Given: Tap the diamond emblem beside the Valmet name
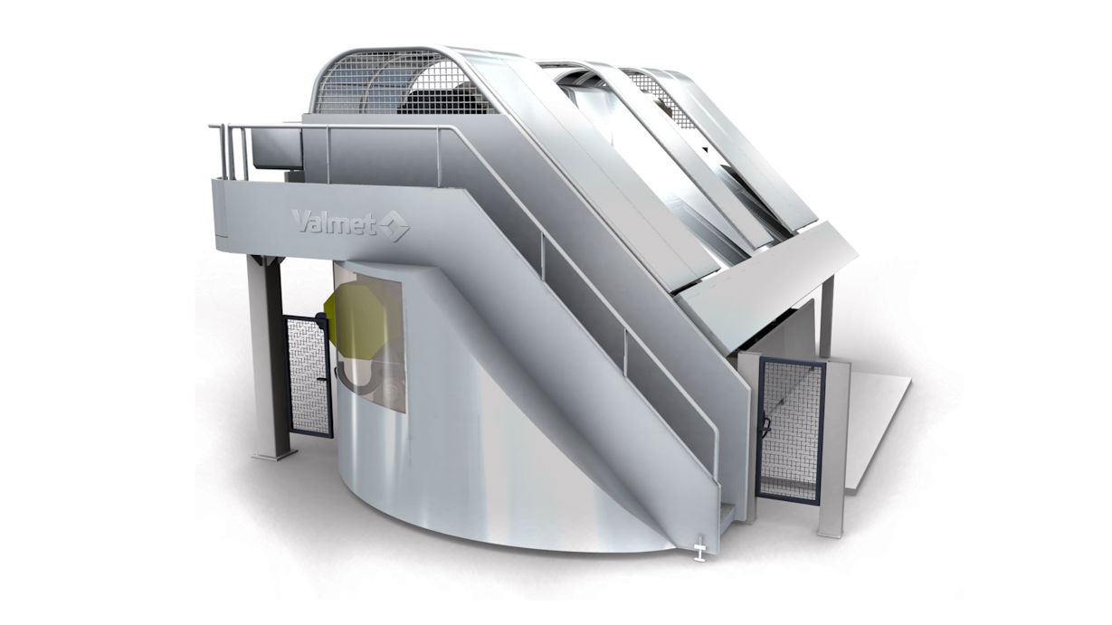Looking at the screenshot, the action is click(x=394, y=226).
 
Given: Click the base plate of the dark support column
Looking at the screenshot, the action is click(x=274, y=454).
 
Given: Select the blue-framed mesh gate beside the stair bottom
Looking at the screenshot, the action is click(x=789, y=431).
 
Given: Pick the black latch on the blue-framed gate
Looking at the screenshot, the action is click(x=766, y=426).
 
